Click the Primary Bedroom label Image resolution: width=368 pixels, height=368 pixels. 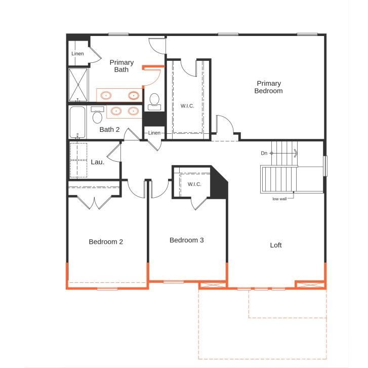tap(269, 87)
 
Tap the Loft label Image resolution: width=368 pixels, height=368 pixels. tap(276, 245)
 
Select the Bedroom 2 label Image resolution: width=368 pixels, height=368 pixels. tap(106, 242)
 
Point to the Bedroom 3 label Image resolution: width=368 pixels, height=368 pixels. tap(186, 240)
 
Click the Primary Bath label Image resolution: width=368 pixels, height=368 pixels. tap(121, 66)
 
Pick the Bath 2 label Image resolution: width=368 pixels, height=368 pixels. tap(109, 129)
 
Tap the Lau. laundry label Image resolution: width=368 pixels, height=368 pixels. tap(98, 162)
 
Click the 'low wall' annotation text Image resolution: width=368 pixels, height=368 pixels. tap(279, 199)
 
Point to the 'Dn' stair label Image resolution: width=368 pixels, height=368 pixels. tap(264, 153)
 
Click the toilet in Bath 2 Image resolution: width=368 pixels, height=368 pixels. tap(97, 116)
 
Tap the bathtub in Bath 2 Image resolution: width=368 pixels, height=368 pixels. tap(78, 122)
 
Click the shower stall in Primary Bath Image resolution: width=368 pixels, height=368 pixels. tap(78, 85)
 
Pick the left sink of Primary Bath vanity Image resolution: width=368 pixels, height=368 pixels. tap(106, 95)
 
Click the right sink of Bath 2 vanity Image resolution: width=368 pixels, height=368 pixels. tap(134, 111)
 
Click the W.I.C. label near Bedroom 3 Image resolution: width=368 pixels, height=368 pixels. tap(195, 184)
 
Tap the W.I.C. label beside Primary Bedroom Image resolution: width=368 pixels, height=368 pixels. tap(187, 106)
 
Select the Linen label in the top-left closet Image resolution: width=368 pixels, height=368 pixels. tap(77, 54)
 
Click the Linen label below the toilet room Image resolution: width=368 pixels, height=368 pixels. tap(154, 133)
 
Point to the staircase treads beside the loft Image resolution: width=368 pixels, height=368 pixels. tap(278, 178)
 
